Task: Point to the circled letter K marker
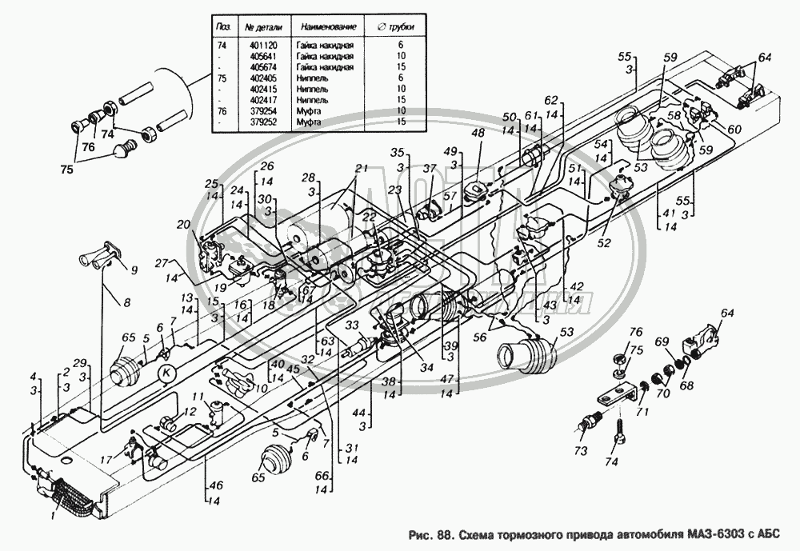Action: pos(166,372)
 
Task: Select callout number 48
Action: pos(477,134)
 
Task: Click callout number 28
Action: pos(309,177)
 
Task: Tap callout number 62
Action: pos(550,101)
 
